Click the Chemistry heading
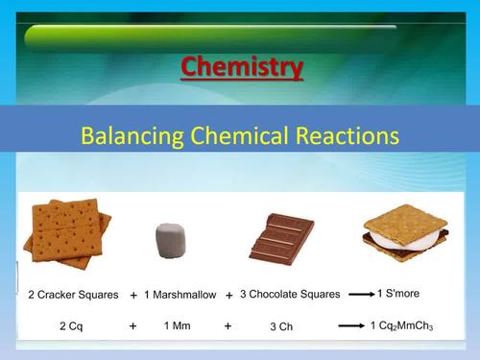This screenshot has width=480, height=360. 242,67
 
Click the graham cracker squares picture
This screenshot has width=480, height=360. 68,231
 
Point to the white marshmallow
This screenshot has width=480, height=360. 172,239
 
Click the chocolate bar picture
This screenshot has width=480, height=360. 280,236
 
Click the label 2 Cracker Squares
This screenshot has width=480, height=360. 73,295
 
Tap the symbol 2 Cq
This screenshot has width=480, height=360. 69,326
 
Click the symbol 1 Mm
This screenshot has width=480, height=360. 178,326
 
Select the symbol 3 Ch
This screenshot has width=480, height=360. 281,327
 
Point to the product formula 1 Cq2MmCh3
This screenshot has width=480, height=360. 402,327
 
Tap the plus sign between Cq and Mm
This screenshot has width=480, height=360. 132,326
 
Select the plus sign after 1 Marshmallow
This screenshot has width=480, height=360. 229,295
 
